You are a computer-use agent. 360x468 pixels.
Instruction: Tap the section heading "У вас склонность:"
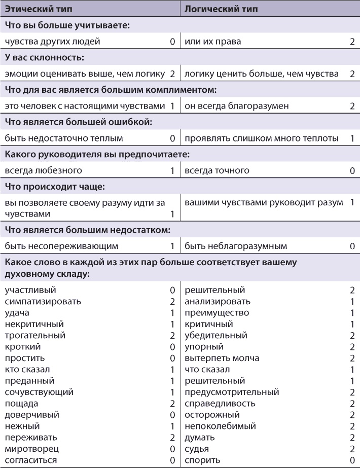point(44,57)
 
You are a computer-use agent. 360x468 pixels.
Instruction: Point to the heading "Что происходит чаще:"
point(54,187)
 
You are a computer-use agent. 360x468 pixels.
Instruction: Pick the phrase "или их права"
point(212,41)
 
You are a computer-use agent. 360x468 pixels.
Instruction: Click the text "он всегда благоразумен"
point(230,106)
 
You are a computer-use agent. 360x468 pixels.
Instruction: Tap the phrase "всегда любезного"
point(43,170)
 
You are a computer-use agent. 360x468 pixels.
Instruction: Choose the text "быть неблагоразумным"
point(236,246)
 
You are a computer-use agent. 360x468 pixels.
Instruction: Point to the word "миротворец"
point(32,449)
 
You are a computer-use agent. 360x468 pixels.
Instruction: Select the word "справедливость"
point(220,403)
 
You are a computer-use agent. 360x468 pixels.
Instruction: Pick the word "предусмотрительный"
point(232,392)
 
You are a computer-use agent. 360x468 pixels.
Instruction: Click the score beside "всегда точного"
point(352,171)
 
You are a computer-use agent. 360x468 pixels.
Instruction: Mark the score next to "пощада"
point(172,404)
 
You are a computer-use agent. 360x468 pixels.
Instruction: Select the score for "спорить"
point(352,460)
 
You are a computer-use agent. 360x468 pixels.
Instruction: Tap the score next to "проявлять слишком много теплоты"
point(352,138)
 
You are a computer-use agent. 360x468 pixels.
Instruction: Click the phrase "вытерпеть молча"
point(222,358)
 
